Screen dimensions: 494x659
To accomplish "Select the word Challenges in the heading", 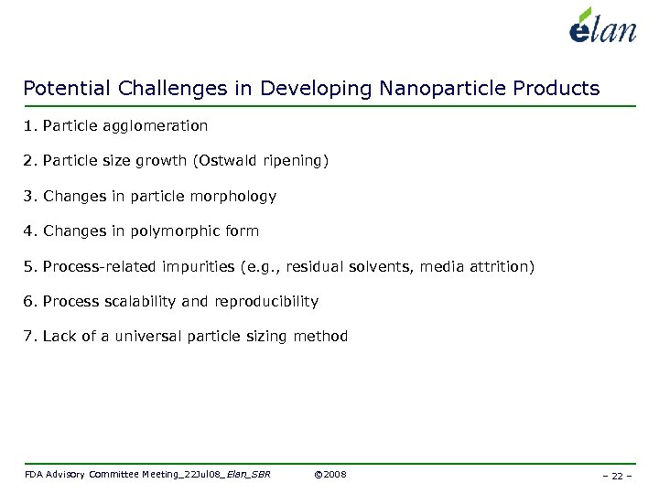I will click(186, 89).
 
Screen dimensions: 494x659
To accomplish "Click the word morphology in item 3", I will click(232, 197).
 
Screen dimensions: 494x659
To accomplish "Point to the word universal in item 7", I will click(148, 337).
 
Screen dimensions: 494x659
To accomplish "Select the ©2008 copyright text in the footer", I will click(329, 474).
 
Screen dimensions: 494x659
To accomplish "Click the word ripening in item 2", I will click(300, 161).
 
